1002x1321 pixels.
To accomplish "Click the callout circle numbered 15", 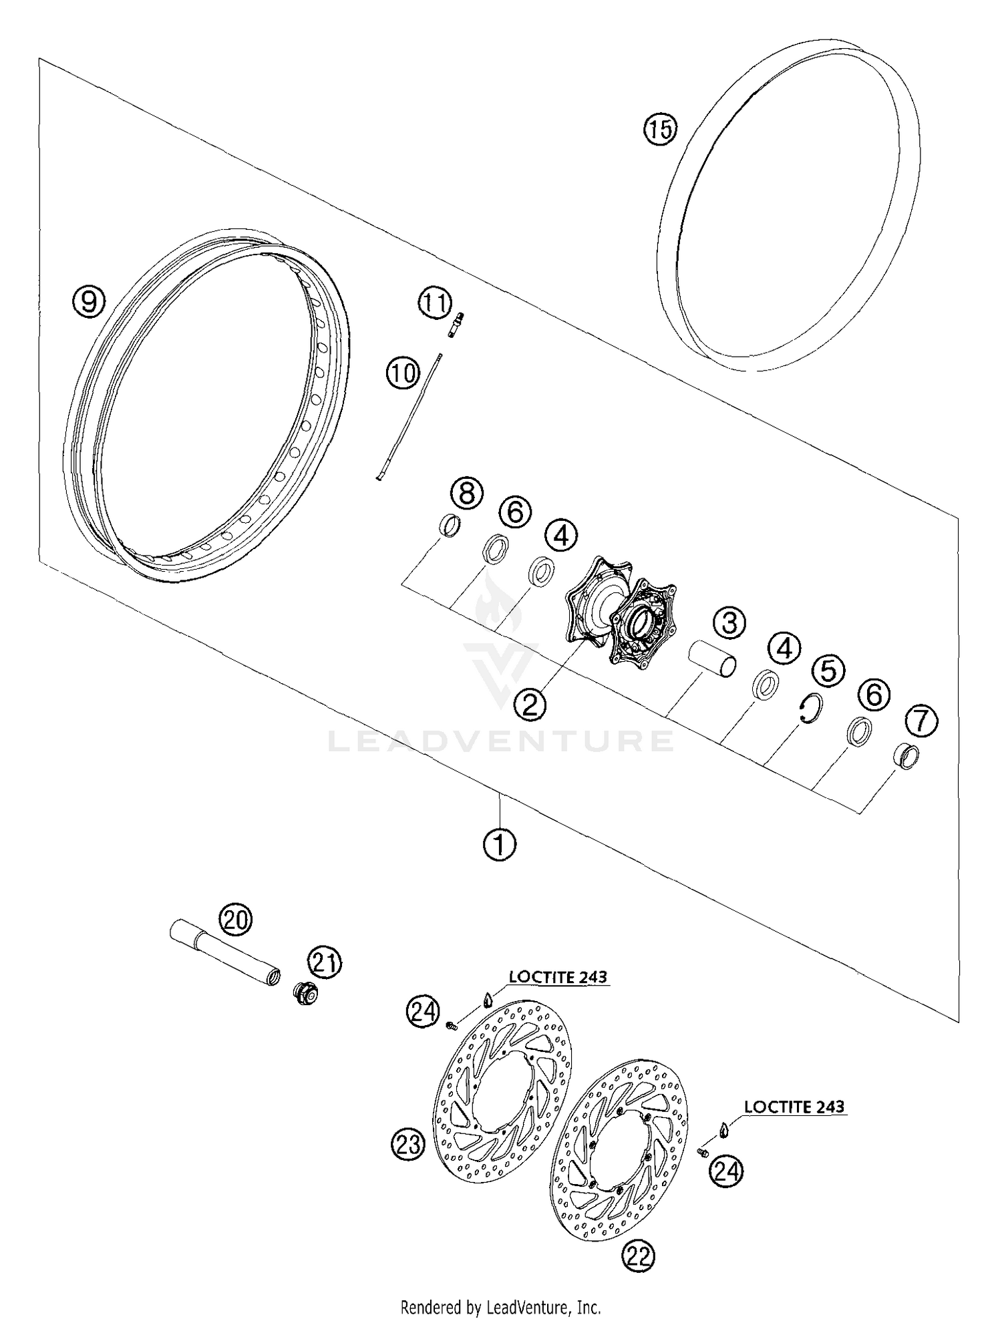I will tap(660, 128).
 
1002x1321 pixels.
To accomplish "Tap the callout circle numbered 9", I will tap(89, 302).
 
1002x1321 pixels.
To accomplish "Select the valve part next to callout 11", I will tap(456, 325).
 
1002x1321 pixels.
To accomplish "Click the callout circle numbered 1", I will tap(499, 845).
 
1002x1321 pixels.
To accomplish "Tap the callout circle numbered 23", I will tap(407, 1144).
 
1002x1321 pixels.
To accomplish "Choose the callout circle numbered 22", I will tap(638, 1256).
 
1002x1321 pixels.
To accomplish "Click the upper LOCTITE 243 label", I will tap(558, 977).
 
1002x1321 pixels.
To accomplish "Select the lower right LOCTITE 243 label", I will tap(794, 1107).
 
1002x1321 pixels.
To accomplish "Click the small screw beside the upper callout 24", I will tap(452, 1024).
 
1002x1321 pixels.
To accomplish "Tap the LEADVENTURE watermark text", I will tap(501, 741).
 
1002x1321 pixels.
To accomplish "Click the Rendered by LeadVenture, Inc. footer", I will tap(500, 1306).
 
